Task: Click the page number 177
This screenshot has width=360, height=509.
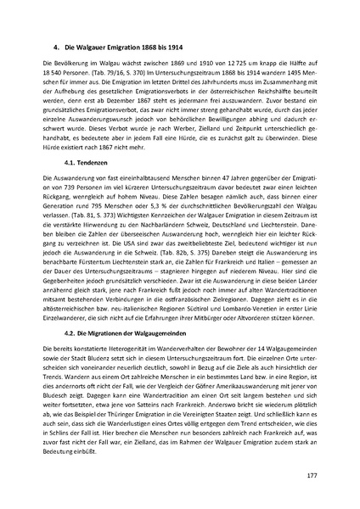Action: pyautogui.click(x=312, y=472)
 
